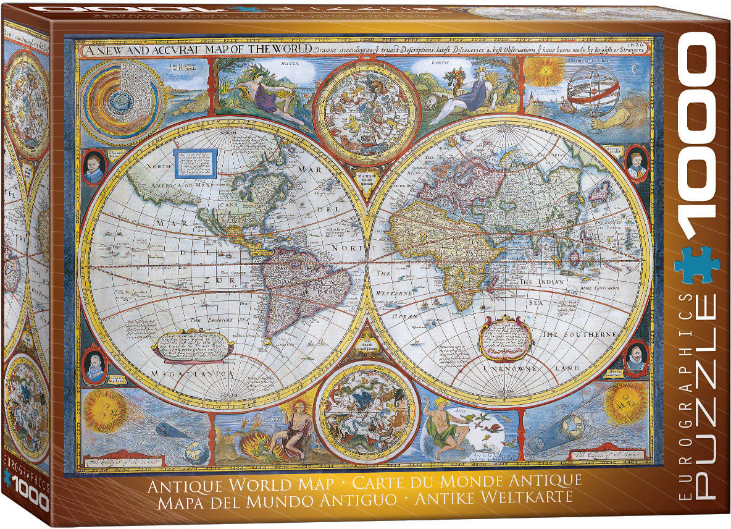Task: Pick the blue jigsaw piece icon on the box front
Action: coord(696,263)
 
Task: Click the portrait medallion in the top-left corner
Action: coord(94,166)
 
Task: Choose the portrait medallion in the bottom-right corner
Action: coord(635,360)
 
